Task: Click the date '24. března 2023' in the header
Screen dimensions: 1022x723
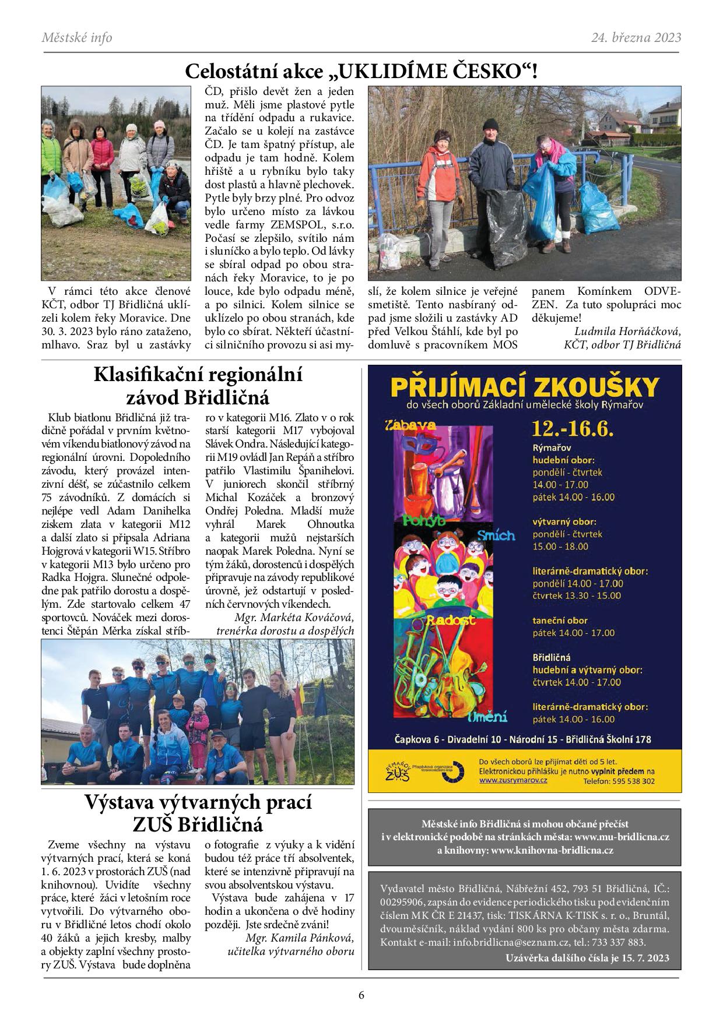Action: pyautogui.click(x=636, y=38)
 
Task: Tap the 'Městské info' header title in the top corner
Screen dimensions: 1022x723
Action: pyautogui.click(x=76, y=38)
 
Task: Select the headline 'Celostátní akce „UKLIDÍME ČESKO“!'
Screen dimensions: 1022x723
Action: pyautogui.click(x=361, y=72)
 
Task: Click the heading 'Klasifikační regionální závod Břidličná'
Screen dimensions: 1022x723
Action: pyautogui.click(x=198, y=386)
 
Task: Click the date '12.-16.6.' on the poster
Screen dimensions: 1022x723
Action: pyautogui.click(x=573, y=428)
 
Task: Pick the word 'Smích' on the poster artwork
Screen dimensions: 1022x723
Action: pyautogui.click(x=496, y=534)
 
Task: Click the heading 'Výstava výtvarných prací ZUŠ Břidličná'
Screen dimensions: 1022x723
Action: pyautogui.click(x=198, y=813)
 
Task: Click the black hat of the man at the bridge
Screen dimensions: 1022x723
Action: pyautogui.click(x=491, y=124)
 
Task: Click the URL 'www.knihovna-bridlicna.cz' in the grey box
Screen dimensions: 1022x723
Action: pyautogui.click(x=552, y=850)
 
